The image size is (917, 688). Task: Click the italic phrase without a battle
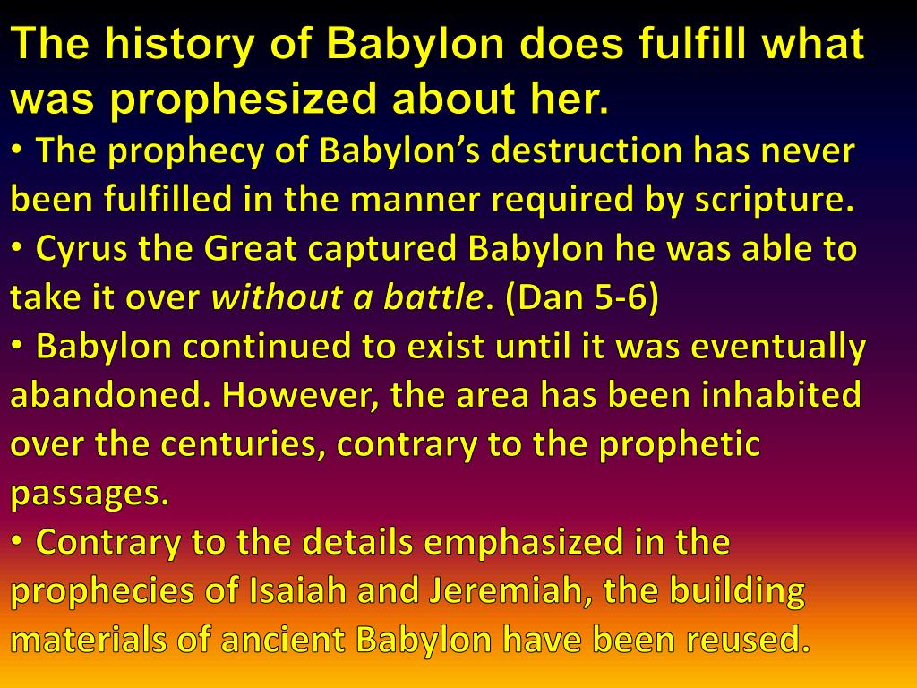tap(347, 297)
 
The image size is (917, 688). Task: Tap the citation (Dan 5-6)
tap(581, 297)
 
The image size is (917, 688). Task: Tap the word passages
tap(90, 493)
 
